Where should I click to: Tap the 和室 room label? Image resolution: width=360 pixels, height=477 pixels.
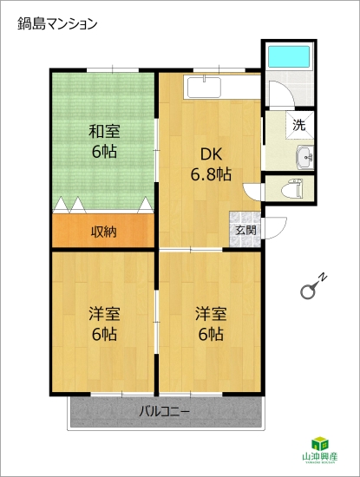point(103,132)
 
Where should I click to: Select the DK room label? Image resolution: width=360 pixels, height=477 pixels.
point(211,154)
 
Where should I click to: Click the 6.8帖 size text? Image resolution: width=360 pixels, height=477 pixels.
point(211,173)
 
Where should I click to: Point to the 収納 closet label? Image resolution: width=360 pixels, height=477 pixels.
point(104,232)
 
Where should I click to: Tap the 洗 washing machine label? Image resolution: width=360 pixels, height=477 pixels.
point(298,125)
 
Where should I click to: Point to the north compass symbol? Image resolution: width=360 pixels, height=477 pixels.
point(311,287)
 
